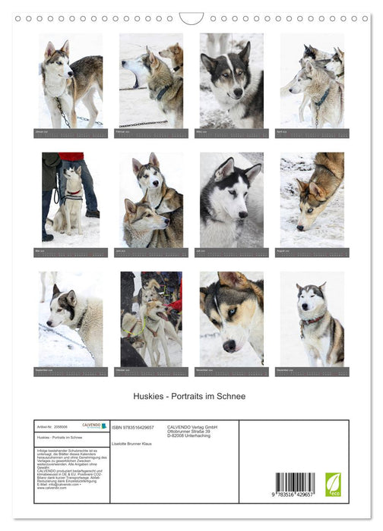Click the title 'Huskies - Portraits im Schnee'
click(191, 396)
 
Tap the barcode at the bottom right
click(295, 484)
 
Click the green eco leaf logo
click(333, 484)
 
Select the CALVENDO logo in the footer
click(89, 426)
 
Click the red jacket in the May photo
click(73, 157)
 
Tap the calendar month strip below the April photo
click(312, 134)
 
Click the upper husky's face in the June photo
click(149, 177)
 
